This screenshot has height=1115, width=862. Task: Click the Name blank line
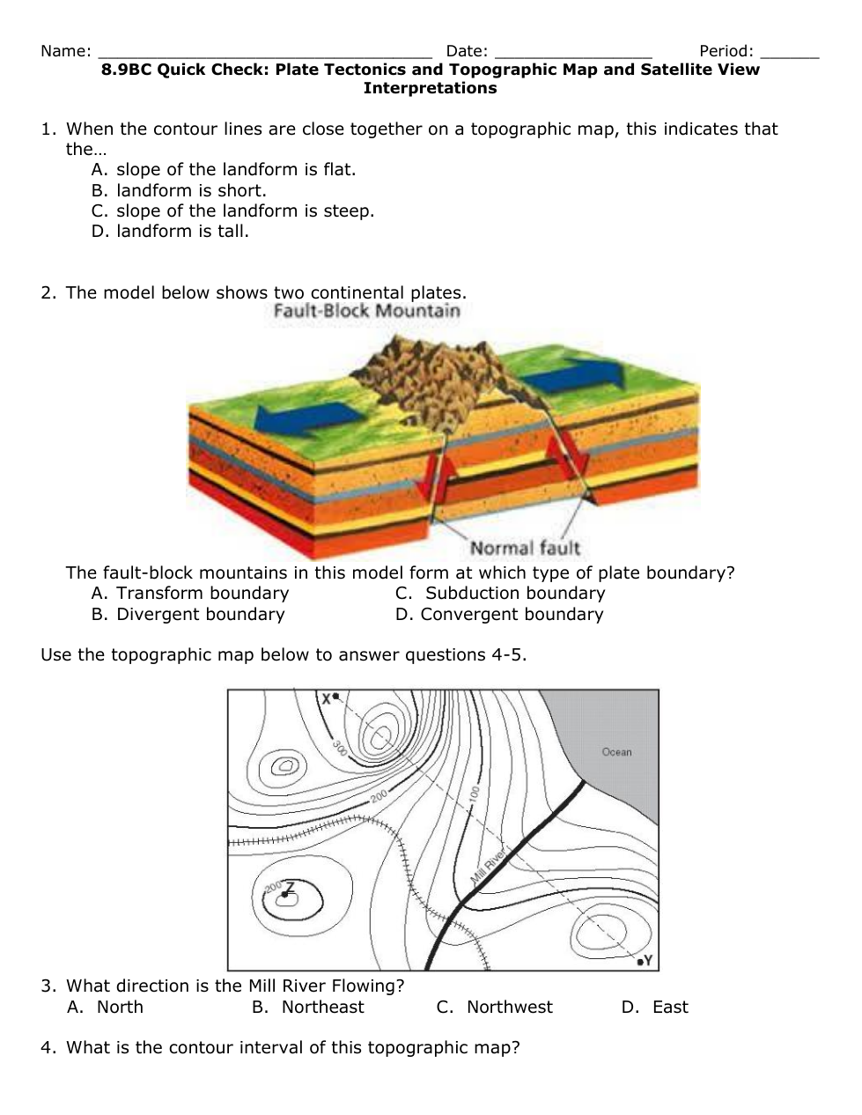[264, 53]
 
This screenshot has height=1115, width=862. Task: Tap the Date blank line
[573, 53]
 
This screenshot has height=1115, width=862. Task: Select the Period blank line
[790, 53]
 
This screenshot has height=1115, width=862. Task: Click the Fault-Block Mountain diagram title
[366, 311]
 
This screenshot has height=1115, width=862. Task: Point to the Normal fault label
[525, 548]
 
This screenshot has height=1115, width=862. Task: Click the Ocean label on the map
[616, 752]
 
